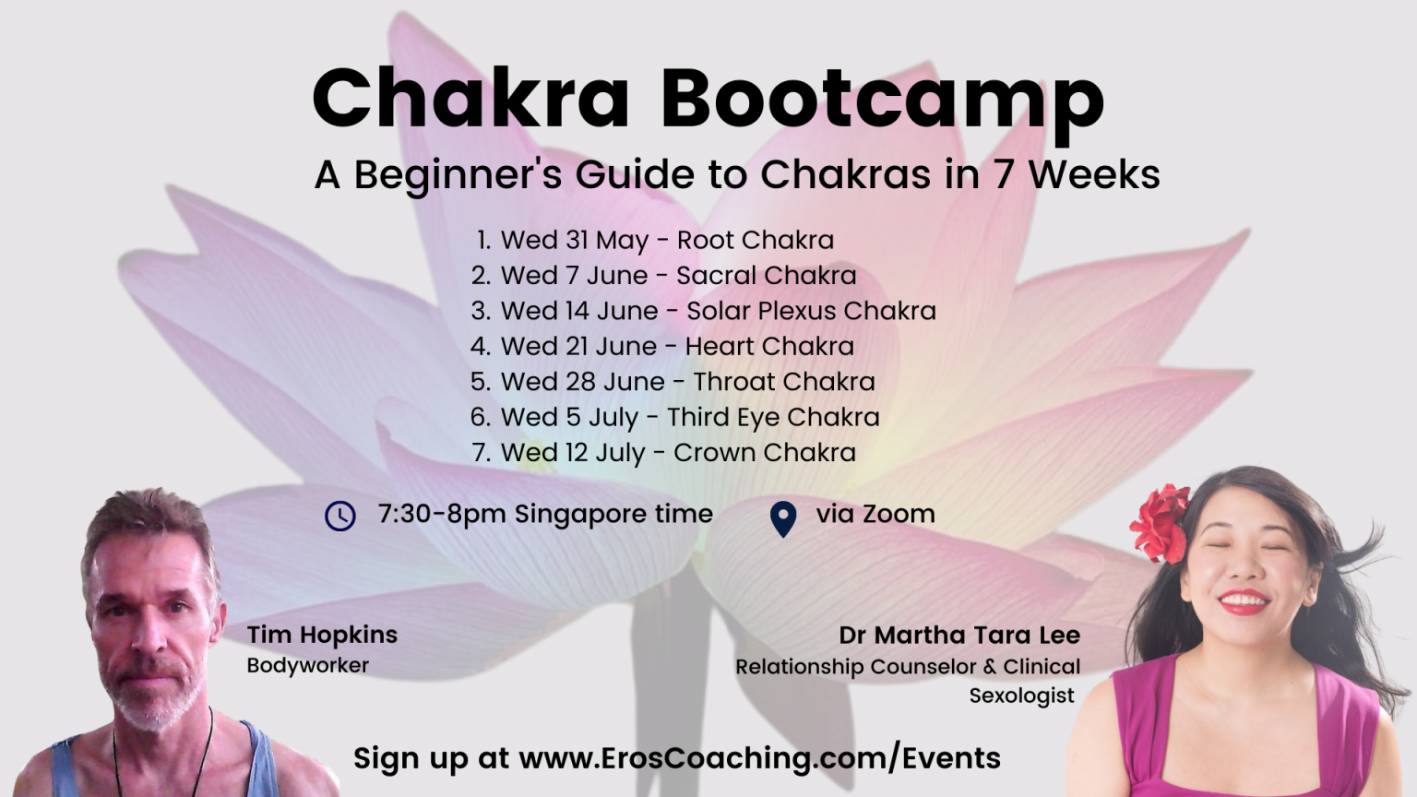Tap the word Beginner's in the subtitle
[x=458, y=175]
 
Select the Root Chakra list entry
[x=655, y=241]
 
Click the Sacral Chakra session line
[x=663, y=276]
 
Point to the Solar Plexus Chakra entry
[x=704, y=311]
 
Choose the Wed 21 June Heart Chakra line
[x=662, y=347]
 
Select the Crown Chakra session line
[x=664, y=453]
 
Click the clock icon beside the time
[x=340, y=517]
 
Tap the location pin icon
[x=783, y=519]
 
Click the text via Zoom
[x=875, y=514]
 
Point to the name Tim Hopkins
[x=322, y=635]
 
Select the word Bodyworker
[x=307, y=666]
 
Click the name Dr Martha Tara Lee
[x=959, y=636]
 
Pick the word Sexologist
[x=1021, y=696]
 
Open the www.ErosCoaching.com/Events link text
[x=760, y=758]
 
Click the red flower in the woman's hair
[x=1160, y=522]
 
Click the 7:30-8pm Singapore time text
[x=545, y=514]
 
